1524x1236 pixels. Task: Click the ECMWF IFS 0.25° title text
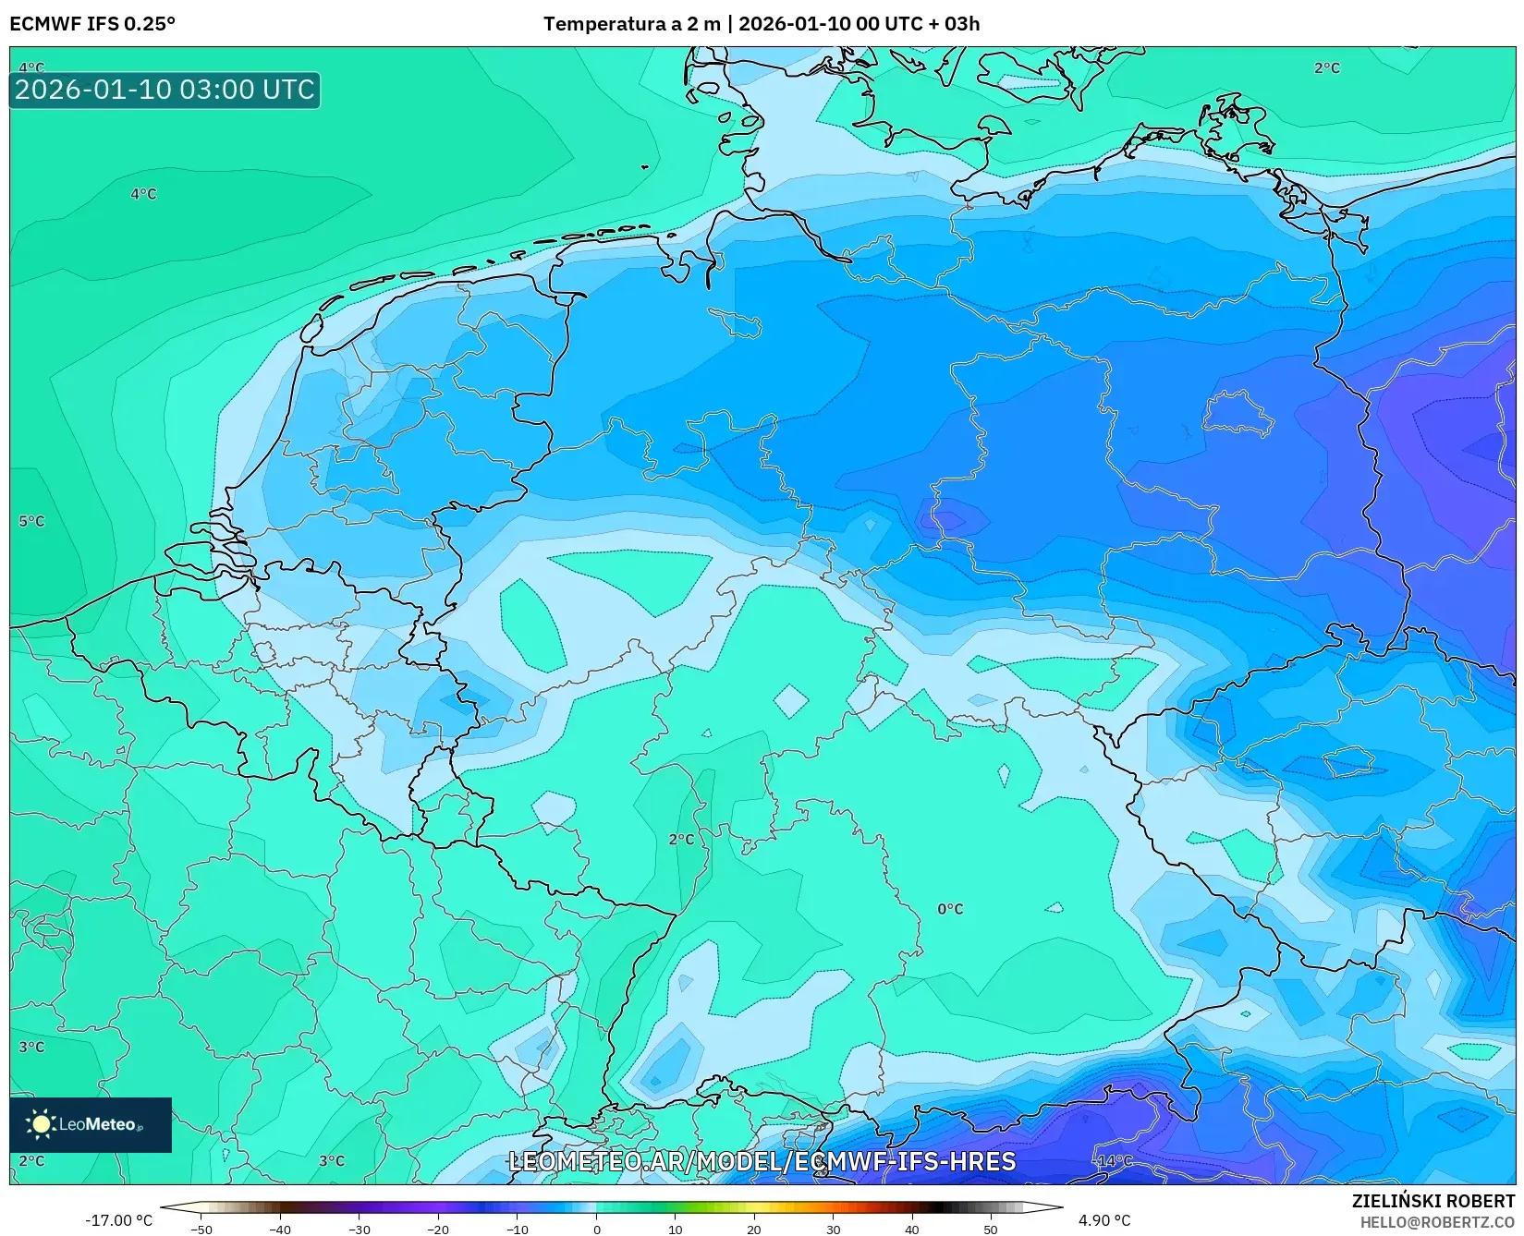click(x=92, y=24)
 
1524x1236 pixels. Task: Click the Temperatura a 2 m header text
click(x=631, y=24)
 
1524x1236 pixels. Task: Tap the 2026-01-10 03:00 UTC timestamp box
click(x=165, y=90)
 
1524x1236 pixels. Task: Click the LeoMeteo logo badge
click(x=91, y=1124)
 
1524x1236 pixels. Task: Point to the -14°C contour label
click(x=1113, y=1161)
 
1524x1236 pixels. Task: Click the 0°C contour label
click(x=950, y=909)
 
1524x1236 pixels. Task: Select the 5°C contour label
click(x=31, y=521)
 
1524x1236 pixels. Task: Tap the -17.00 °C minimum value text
click(x=118, y=1220)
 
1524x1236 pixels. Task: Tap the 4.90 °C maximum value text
click(x=1104, y=1220)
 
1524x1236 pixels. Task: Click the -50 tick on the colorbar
click(x=201, y=1230)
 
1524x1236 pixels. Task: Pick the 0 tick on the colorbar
click(x=596, y=1230)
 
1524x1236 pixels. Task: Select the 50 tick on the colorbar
click(x=991, y=1230)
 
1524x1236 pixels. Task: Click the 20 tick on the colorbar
click(x=754, y=1230)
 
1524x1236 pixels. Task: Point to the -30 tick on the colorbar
click(x=359, y=1230)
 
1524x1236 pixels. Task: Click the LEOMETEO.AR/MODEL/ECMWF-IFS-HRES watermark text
click(x=762, y=1161)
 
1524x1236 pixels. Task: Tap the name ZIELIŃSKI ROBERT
click(x=1433, y=1201)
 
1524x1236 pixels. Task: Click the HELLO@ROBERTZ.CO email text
click(x=1437, y=1222)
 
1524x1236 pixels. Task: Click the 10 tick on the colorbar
click(x=676, y=1230)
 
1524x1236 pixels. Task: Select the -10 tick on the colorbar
click(x=518, y=1230)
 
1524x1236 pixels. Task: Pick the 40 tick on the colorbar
click(x=912, y=1230)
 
